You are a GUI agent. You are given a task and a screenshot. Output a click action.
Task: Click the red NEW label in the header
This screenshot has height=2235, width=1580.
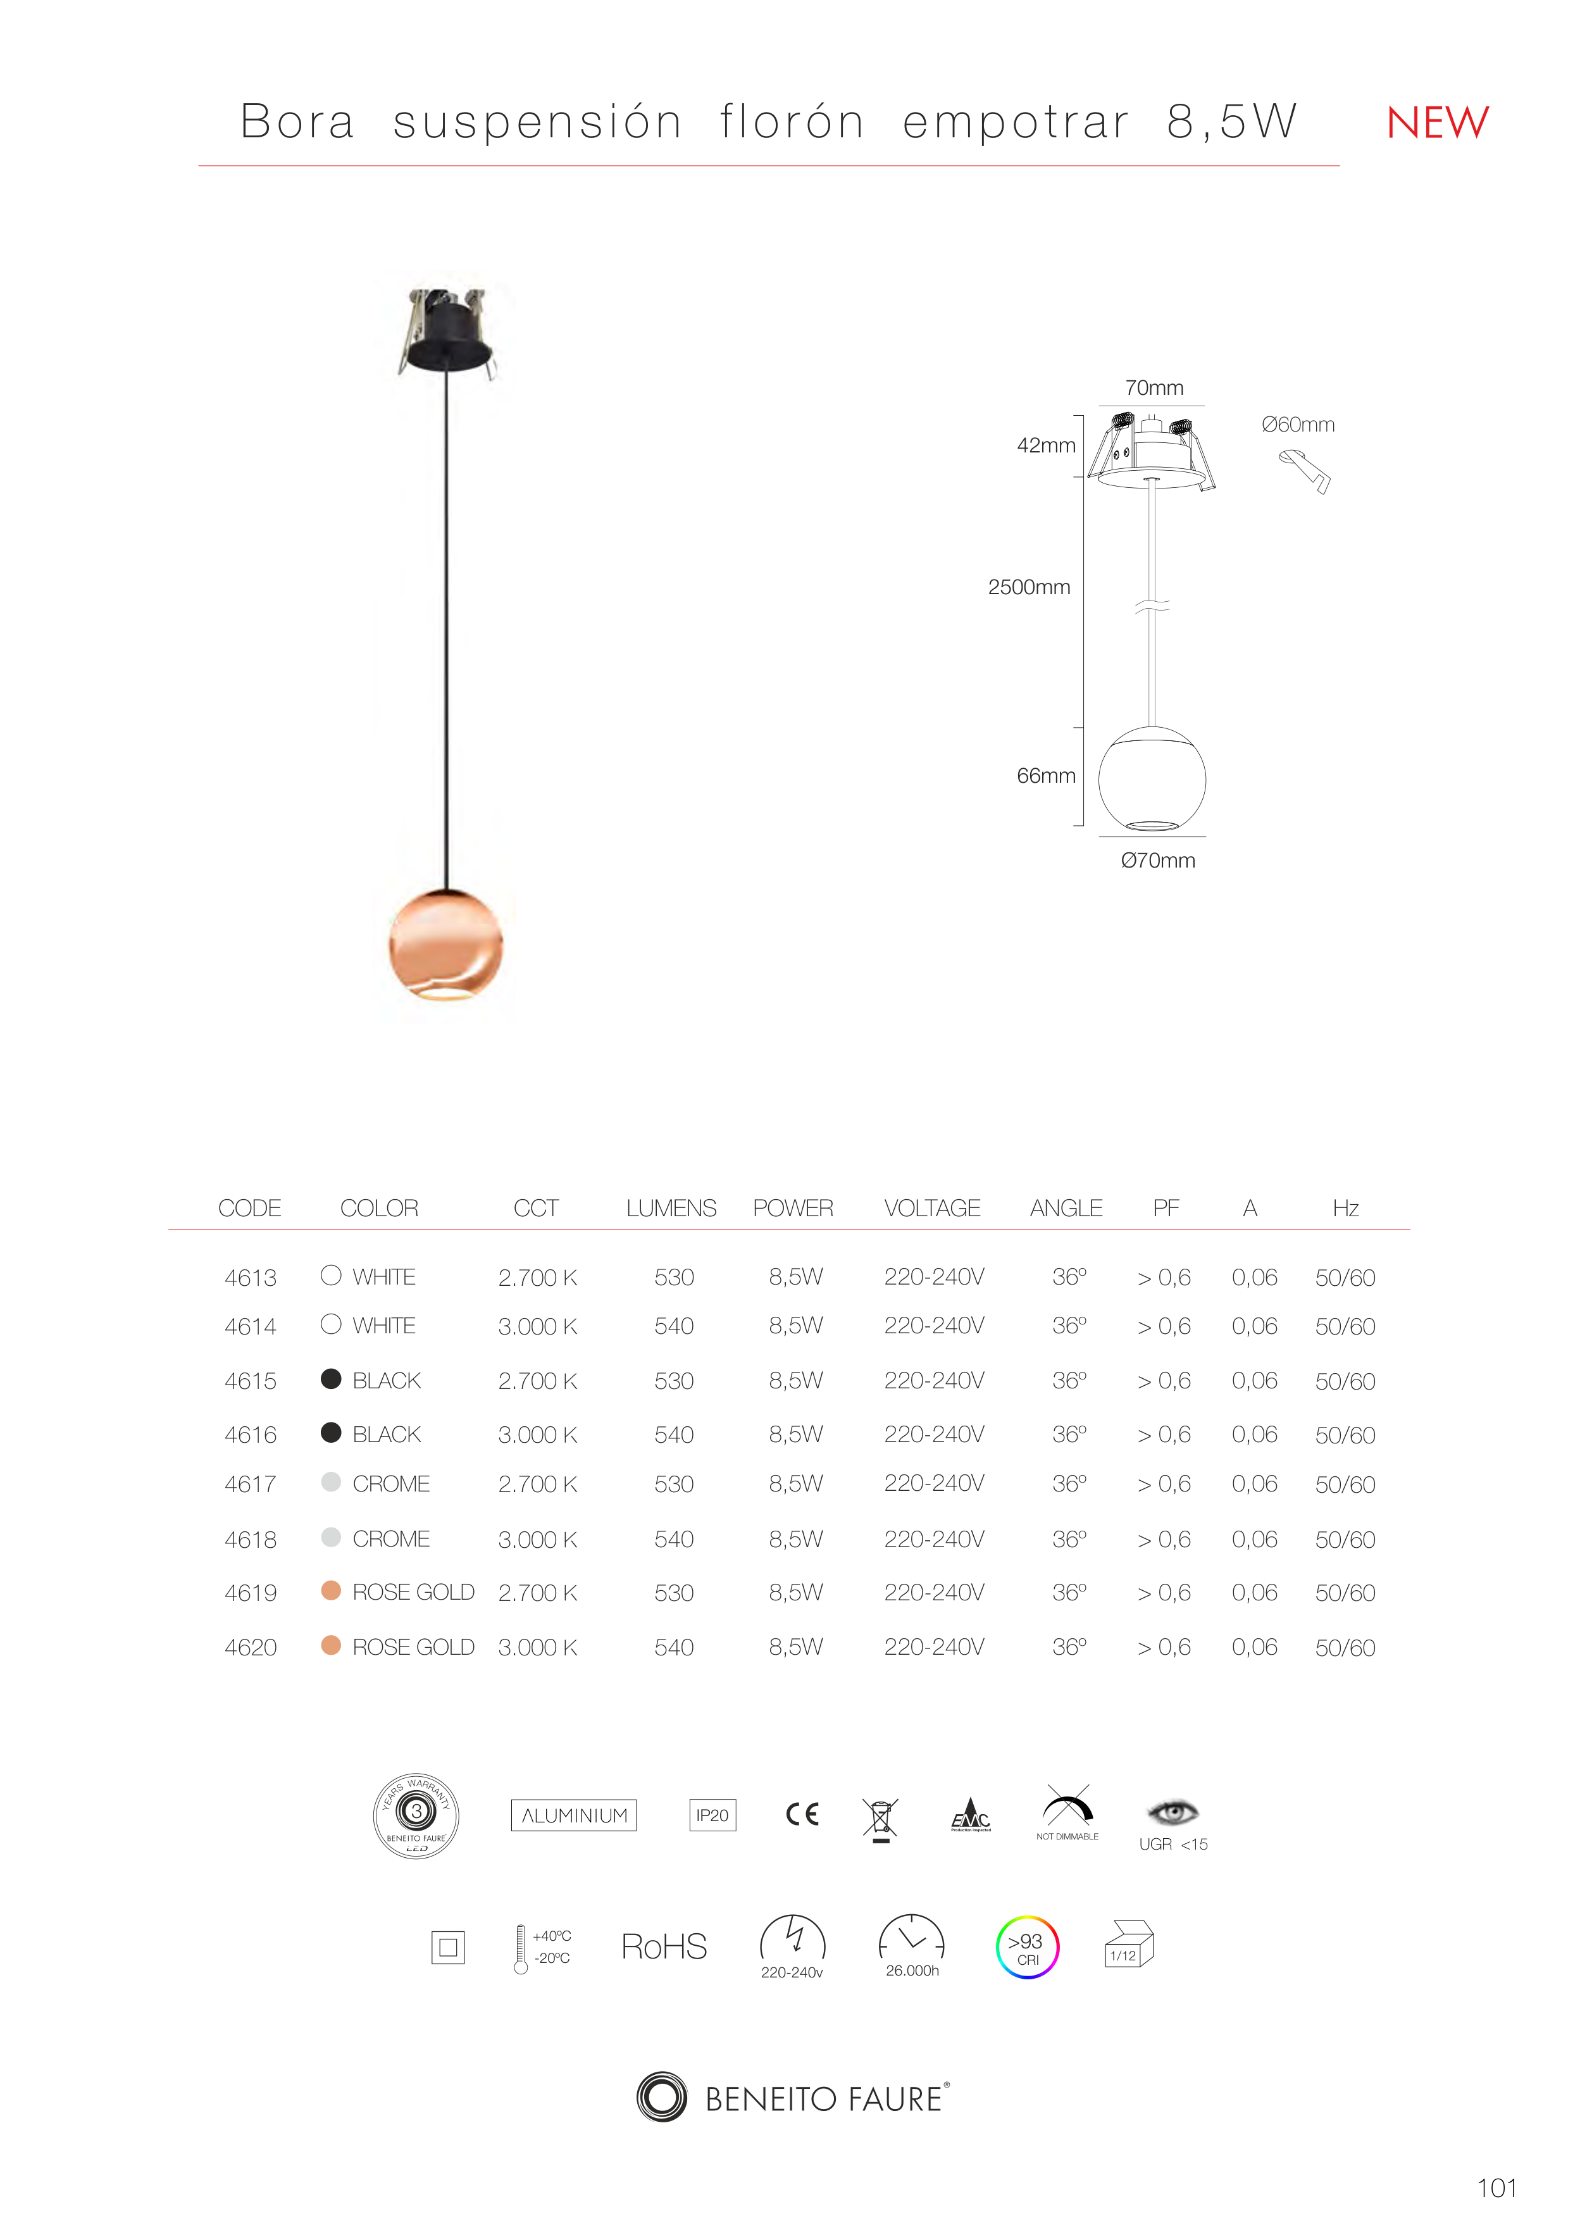pos(1437,123)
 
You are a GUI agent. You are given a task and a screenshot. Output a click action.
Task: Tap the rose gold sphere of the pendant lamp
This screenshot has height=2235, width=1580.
pos(446,943)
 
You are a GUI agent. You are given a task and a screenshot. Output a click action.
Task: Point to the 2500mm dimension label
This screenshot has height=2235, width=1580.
pos(1029,587)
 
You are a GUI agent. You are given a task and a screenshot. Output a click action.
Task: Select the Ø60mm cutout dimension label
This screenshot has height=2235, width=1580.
pos(1298,425)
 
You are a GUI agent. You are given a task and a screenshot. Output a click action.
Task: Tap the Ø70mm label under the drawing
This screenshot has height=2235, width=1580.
pos(1157,861)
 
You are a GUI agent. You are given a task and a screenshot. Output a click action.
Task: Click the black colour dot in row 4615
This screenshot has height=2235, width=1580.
pos(331,1378)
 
